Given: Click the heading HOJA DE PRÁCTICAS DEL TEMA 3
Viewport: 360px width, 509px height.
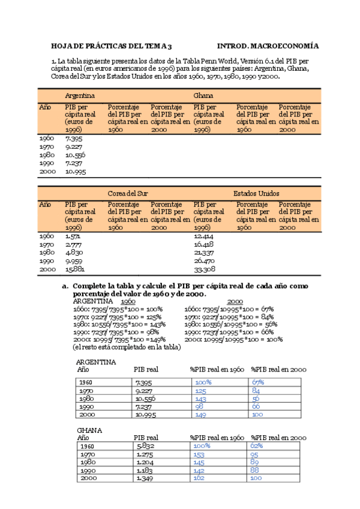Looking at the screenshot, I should coord(112,46).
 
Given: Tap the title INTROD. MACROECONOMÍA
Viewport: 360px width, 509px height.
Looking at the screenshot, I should coord(268,46).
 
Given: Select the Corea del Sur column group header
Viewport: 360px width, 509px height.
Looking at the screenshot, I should coord(128,193).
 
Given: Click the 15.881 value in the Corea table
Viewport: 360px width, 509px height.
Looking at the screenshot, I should coord(74,270).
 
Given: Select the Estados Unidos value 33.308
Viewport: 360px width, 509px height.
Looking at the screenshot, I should coord(204,270).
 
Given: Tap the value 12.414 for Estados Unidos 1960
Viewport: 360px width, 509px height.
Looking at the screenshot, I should coord(204,236).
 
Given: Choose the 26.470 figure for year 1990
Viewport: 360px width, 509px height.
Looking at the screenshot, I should coord(204,261).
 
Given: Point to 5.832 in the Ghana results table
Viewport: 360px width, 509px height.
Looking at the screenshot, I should coord(144,446).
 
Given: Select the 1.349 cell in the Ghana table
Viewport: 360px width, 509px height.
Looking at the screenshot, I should coord(144,478).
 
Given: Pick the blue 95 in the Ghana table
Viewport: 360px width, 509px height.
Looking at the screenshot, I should coord(256,454).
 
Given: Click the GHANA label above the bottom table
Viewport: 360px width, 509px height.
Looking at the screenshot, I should coord(89,430).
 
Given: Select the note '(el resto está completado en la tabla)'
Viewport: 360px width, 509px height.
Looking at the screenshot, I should coord(126,347).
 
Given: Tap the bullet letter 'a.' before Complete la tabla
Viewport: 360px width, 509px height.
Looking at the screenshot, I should coord(66,286).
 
